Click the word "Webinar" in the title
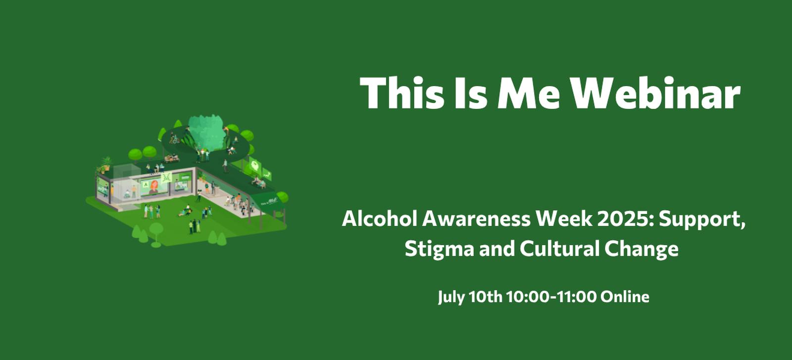(x=656, y=93)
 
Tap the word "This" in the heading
(x=401, y=93)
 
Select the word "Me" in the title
(x=529, y=93)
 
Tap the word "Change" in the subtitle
(x=642, y=249)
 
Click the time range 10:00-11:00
(x=551, y=297)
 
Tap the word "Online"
(x=625, y=297)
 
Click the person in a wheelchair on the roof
(x=174, y=139)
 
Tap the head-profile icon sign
(x=254, y=165)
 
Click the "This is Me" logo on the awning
(x=269, y=202)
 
